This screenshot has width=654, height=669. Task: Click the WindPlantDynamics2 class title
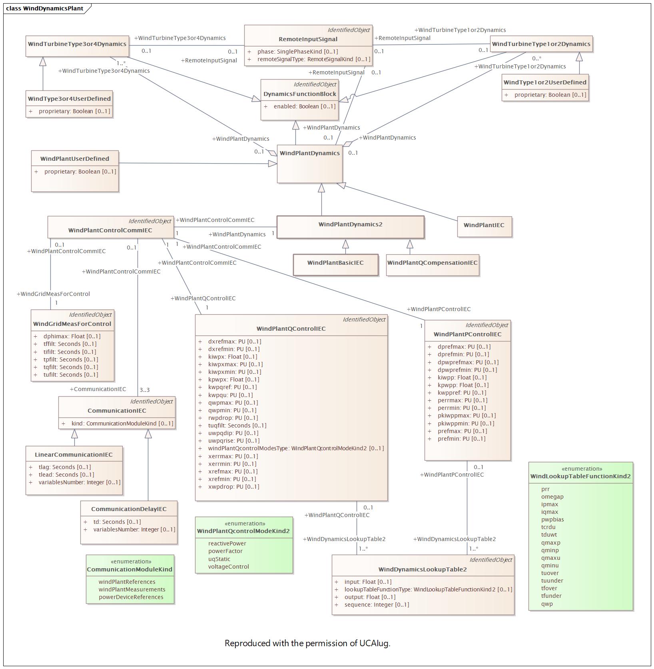coord(350,224)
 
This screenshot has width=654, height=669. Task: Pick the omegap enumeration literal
coord(552,497)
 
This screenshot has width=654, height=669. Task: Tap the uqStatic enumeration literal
coord(219,559)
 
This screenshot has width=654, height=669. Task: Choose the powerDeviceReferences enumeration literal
coord(131,597)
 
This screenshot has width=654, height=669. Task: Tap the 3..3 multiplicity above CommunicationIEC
coord(145,390)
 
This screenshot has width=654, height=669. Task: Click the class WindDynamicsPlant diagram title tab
coord(45,8)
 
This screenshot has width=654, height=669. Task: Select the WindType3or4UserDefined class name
coord(69,99)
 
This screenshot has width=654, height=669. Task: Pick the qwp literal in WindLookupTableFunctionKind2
coord(547,604)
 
